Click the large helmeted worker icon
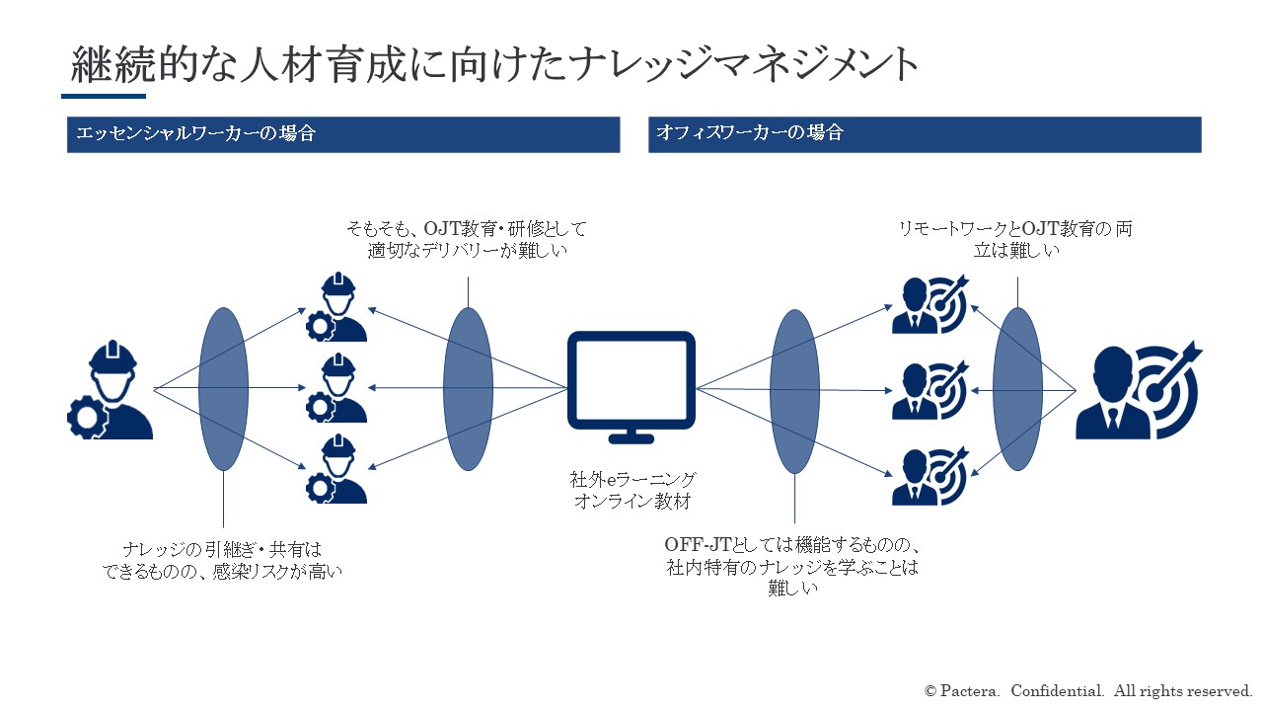pos(111,389)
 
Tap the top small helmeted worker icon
pos(337,307)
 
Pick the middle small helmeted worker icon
pos(337,388)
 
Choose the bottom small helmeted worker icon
pos(337,468)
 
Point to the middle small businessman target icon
pos(930,390)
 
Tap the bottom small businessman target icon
pos(930,476)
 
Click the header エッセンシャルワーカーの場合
pos(195,133)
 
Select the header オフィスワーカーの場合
pos(749,132)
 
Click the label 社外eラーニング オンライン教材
pos(632,491)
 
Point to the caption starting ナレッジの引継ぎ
pos(222,560)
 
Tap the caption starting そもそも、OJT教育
pos(467,239)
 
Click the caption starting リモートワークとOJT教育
pos(1015,239)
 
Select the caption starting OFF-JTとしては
pos(792,566)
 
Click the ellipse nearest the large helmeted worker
pos(223,389)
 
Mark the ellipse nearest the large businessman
pos(1017,389)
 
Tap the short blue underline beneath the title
pos(104,97)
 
